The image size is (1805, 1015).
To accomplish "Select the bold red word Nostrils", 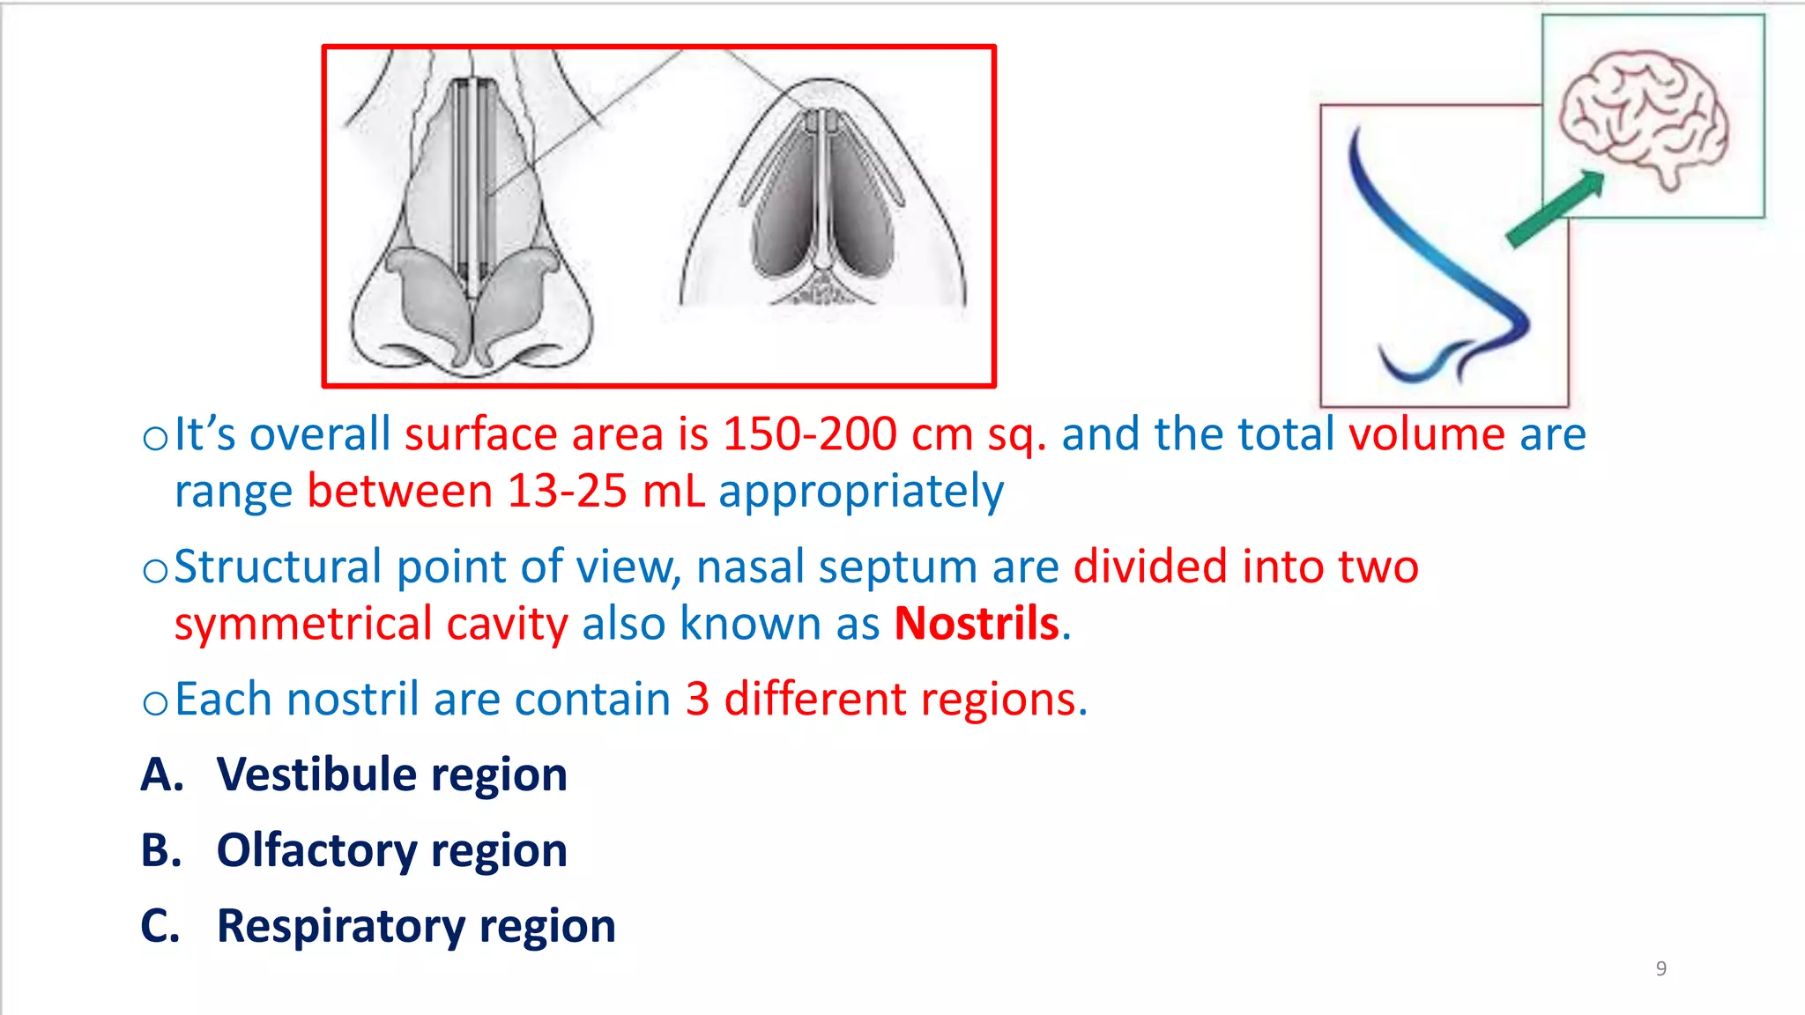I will (977, 624).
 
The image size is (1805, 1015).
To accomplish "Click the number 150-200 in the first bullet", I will (809, 434).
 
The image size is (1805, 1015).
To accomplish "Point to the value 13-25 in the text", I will (567, 491).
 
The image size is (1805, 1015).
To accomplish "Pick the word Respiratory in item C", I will (341, 926).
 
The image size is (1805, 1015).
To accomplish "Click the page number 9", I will (1660, 968).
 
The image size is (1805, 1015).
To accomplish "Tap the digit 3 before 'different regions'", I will (697, 700).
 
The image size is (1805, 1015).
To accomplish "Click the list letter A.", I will (160, 774).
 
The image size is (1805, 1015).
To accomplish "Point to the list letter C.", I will (160, 926).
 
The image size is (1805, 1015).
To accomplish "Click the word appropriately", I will (861, 491).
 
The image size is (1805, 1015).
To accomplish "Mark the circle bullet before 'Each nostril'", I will (155, 703).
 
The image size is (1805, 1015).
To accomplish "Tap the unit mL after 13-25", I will (673, 491).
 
